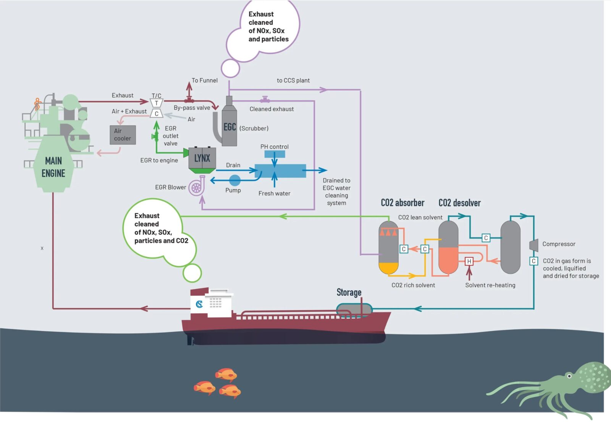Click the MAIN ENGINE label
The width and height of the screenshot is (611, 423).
53,167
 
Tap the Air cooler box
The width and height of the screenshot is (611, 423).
123,135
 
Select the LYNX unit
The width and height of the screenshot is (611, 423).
202,158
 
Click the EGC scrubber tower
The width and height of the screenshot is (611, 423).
230,126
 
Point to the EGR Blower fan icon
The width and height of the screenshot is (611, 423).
196,188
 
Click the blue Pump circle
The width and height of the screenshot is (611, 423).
234,180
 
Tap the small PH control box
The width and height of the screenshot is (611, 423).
275,154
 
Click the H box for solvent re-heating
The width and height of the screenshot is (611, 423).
469,261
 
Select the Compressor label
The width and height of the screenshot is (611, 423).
559,244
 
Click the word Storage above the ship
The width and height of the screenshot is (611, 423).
349,292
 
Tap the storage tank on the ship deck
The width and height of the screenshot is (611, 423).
354,310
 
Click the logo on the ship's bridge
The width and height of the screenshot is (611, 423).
199,304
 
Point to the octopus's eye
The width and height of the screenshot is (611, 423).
569,376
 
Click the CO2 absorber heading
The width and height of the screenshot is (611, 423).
402,203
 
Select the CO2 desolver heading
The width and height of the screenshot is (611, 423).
459,203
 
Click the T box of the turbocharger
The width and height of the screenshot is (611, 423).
156,103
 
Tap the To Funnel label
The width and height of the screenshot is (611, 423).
204,81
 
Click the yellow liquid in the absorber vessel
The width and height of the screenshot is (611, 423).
388,268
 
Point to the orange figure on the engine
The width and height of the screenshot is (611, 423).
37,104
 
